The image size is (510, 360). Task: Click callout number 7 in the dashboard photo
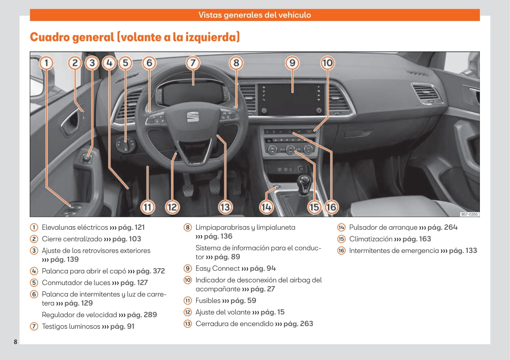pyautogui.click(x=193, y=63)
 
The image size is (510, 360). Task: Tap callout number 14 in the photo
pyautogui.click(x=266, y=207)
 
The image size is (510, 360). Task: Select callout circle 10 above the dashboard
pyautogui.click(x=327, y=63)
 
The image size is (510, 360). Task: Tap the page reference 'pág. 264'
pyautogui.click(x=442, y=227)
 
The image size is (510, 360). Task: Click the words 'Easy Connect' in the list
pyautogui.click(x=217, y=269)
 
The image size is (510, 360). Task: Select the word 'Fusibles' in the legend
pyautogui.click(x=208, y=301)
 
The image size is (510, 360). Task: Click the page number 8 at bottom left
pyautogui.click(x=16, y=341)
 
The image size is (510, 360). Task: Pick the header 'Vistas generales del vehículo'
pyautogui.click(x=254, y=15)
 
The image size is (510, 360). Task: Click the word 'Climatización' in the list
pyautogui.click(x=371, y=239)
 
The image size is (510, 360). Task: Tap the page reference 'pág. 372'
pyautogui.click(x=150, y=271)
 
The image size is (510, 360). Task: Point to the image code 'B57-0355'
pyautogui.click(x=469, y=214)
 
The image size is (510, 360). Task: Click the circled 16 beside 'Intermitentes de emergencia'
pyautogui.click(x=341, y=251)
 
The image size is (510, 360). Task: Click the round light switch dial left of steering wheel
pyautogui.click(x=126, y=145)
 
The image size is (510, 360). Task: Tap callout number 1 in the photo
pyautogui.click(x=46, y=63)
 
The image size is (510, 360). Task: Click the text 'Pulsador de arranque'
pyautogui.click(x=383, y=227)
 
